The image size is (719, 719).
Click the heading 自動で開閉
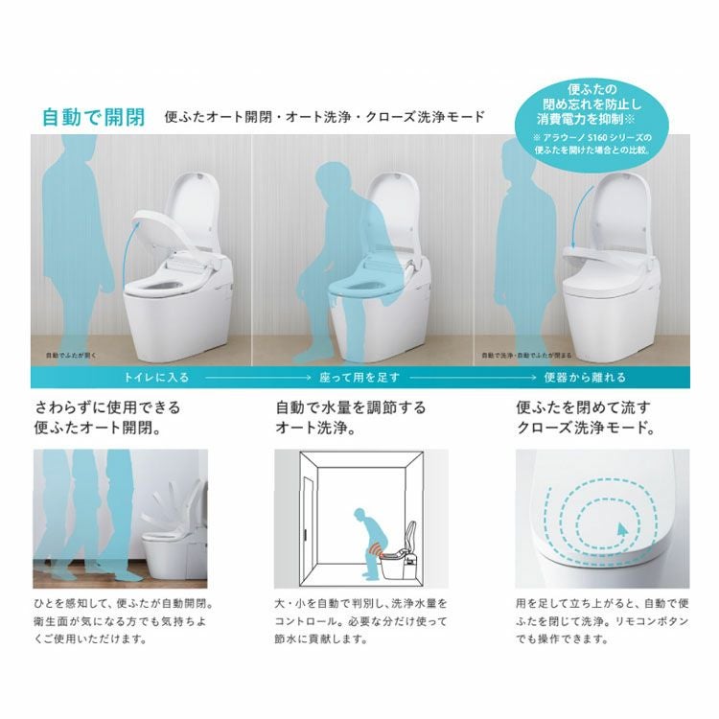pyautogui.click(x=93, y=117)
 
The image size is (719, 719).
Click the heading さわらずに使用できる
pyautogui.click(x=107, y=406)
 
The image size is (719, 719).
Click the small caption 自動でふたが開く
pyautogui.click(x=71, y=354)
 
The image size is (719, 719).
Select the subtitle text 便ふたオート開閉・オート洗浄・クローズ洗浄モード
pyautogui.click(x=324, y=118)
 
